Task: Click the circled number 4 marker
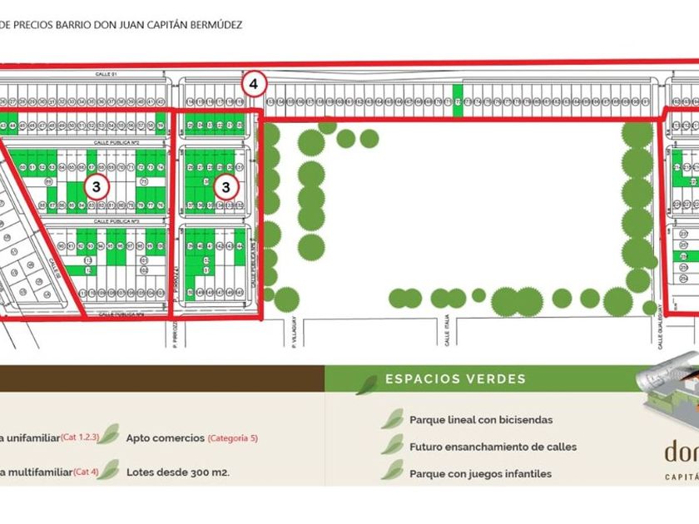255,83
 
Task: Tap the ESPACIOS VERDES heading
455,379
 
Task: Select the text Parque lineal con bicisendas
481,420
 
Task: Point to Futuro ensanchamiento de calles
493,447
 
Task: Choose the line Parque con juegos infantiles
480,474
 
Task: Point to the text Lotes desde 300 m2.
177,472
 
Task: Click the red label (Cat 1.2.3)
80,437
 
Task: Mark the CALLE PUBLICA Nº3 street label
114,222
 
